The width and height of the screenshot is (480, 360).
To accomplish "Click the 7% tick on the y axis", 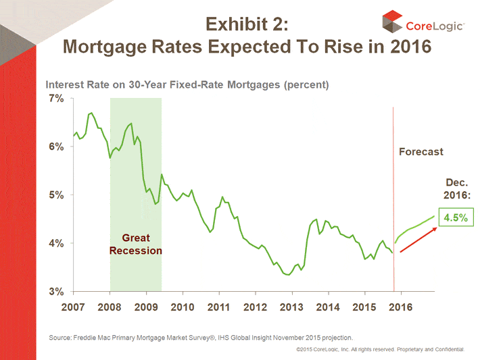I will coord(55,99).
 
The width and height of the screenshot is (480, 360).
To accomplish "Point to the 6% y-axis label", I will coord(55,147).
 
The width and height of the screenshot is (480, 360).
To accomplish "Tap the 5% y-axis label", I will coord(55,195).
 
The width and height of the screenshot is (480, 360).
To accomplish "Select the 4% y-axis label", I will coord(55,243).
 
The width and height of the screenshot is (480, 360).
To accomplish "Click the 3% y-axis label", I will coord(55,292).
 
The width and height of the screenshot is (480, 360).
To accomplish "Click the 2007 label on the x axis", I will coord(74,307).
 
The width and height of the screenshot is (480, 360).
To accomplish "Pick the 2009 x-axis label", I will coord(146,307).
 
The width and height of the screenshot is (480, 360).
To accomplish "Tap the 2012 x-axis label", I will coord(255,307).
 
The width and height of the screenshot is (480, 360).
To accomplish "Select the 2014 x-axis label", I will coord(328,307).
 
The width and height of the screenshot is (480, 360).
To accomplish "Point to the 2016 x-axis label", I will coord(400,307).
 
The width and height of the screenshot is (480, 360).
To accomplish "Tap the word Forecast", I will coord(421,152).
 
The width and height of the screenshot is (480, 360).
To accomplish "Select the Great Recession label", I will coord(136,244).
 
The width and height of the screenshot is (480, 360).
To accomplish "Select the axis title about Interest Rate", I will coord(187,85).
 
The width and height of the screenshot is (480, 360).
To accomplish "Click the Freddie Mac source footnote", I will coord(201,336).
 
